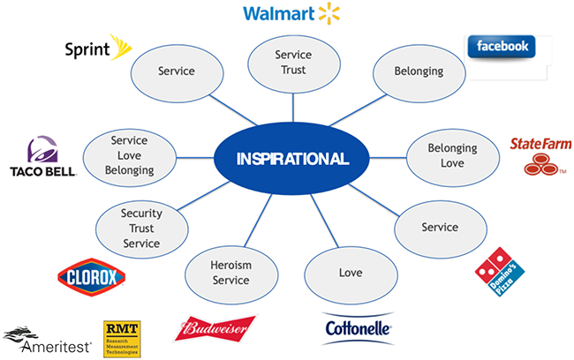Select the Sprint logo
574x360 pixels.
[98, 47]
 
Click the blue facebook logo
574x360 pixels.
[501, 47]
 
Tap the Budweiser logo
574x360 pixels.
[217, 330]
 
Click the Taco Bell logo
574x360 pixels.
[42, 157]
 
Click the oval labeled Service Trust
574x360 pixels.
[293, 63]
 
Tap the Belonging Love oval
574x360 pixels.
[452, 156]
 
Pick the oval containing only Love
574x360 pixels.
[351, 273]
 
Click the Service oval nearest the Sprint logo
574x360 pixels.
[176, 70]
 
